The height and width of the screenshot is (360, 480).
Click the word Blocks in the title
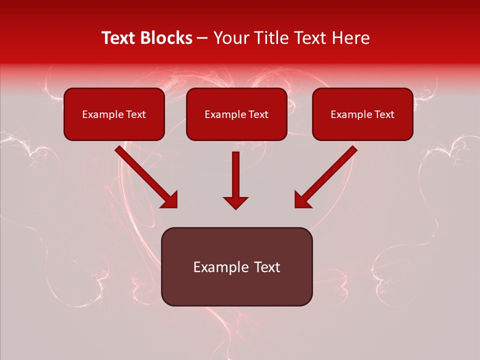point(166,38)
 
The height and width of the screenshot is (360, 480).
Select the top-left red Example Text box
point(114,114)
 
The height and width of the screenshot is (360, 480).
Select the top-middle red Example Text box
point(236,114)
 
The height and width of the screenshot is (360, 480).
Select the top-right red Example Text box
point(362,114)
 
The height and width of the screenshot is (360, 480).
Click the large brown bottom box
point(236,266)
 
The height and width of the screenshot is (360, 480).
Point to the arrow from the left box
point(145,175)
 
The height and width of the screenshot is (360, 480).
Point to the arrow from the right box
point(327,175)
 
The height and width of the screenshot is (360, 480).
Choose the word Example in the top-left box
point(100,114)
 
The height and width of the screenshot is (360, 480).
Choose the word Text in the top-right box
point(384,114)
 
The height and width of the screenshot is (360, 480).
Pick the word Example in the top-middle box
point(223,114)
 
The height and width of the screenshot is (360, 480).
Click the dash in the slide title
point(202,38)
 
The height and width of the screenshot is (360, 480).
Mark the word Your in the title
point(228,38)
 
